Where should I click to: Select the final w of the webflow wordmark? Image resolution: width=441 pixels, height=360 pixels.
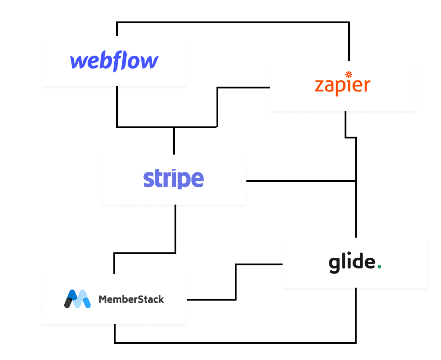tap(150, 62)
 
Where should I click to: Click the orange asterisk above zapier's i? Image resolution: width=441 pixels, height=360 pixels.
tap(349, 74)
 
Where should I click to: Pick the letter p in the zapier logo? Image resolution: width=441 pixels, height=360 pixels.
tap(341, 88)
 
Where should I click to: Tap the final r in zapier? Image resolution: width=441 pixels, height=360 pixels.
tap(366, 86)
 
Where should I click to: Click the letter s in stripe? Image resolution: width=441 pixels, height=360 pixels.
tap(148, 180)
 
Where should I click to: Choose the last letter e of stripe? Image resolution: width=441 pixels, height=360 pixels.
tap(197, 180)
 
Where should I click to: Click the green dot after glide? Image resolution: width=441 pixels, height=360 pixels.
tap(379, 267)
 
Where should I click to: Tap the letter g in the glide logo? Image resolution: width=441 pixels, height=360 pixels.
tap(334, 264)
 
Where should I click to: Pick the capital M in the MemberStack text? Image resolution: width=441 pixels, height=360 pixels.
tap(102, 299)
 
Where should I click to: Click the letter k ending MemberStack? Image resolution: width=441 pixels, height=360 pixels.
tap(161, 299)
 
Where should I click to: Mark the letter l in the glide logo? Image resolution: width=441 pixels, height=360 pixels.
tap(343, 262)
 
